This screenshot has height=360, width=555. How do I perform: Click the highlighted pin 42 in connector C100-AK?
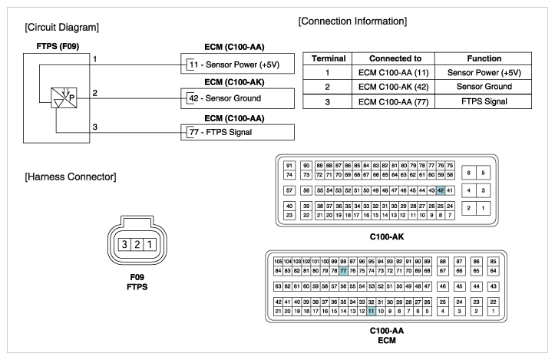click(441, 190)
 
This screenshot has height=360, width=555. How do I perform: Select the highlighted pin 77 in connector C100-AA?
click(343, 271)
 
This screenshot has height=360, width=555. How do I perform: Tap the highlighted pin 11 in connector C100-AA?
click(371, 311)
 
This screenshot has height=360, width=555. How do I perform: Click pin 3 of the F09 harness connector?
click(124, 244)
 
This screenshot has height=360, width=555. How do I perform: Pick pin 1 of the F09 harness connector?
click(150, 244)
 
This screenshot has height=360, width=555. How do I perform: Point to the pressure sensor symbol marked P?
click(64, 97)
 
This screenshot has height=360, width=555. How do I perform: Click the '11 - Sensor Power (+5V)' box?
click(237, 64)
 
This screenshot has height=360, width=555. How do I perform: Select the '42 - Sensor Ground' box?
click(237, 98)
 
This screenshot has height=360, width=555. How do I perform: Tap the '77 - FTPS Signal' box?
click(237, 132)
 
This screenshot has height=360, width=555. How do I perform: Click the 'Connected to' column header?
click(395, 58)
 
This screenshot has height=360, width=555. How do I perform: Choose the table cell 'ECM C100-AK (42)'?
click(393, 87)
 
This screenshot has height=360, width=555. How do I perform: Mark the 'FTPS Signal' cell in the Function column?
click(484, 101)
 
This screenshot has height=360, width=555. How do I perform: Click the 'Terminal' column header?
click(329, 58)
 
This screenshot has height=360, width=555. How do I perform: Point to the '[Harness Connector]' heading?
click(71, 177)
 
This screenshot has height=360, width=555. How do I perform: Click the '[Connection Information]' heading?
click(352, 21)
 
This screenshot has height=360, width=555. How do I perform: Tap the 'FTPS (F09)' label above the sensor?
click(58, 46)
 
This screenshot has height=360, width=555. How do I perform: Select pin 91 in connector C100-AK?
click(289, 165)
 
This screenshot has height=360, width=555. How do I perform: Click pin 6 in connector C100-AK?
click(468, 173)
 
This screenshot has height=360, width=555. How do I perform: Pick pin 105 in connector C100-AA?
click(278, 262)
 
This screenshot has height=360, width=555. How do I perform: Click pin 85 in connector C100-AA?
click(493, 262)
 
